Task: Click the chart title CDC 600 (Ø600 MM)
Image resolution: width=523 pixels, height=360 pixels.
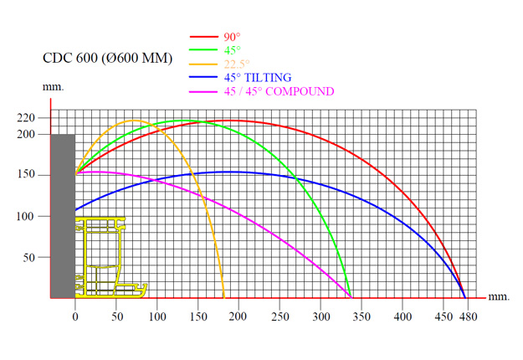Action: pos(107,59)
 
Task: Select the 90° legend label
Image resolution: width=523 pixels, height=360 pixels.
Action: pos(232,37)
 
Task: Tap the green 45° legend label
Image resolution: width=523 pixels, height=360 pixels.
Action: pos(232,50)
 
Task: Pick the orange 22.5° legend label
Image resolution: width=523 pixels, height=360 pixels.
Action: pos(236,64)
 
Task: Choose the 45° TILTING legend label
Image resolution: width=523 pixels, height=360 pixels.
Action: pos(257,77)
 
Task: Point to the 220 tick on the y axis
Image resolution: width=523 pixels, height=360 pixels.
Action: pos(26,117)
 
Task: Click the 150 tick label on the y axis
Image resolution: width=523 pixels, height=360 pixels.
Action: pos(26,175)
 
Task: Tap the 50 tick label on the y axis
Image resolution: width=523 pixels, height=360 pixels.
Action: pos(30,258)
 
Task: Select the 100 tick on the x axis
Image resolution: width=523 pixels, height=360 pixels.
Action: pos(156,307)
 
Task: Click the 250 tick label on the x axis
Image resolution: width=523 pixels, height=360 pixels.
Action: pos(279,307)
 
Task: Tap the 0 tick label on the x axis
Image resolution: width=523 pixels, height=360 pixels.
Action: pos(75,307)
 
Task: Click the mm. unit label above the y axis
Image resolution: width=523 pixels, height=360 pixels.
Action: pos(52,87)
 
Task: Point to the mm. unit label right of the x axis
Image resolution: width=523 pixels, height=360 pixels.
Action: pos(499,297)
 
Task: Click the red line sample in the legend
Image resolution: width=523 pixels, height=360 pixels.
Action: pos(204,37)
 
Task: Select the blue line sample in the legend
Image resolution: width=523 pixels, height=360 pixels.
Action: pos(204,77)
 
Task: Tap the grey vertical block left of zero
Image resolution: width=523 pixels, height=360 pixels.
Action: pos(63,216)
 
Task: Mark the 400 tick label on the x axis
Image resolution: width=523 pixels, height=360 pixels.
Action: pos(403,307)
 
